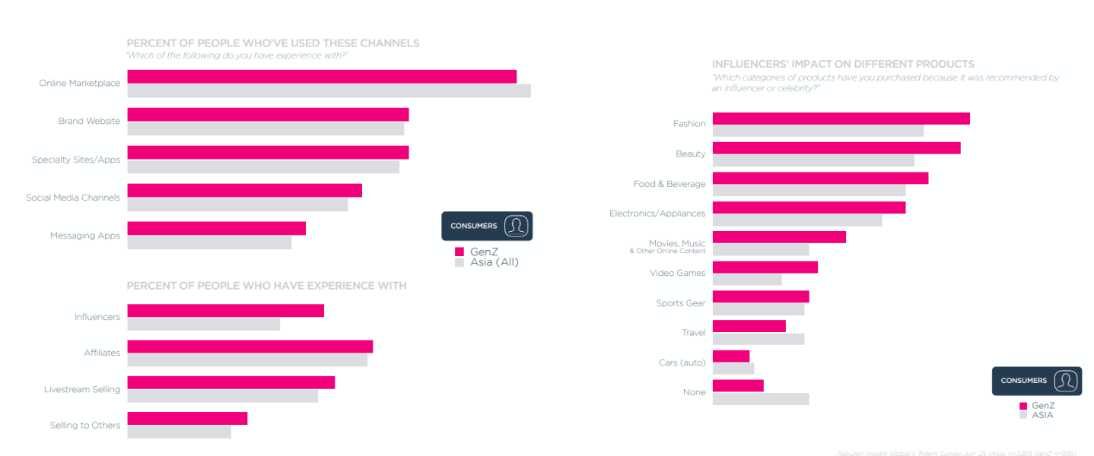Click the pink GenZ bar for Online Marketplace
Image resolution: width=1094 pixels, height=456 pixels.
[322, 77]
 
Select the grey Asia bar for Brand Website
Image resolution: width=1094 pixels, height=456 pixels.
[266, 128]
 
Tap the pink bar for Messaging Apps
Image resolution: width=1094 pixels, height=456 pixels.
[216, 228]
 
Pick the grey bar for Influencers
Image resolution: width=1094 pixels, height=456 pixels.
[203, 325]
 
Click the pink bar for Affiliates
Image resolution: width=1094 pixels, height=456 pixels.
[250, 347]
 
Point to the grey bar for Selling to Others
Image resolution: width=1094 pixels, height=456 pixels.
[179, 432]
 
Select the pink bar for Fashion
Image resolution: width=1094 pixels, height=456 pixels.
[841, 119]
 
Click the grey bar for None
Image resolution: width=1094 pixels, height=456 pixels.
[761, 399]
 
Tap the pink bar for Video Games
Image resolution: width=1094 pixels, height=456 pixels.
[765, 268]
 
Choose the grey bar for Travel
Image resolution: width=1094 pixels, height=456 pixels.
[758, 339]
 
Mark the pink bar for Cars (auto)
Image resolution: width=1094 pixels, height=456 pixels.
[730, 356]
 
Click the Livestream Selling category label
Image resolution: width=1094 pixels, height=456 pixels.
[82, 389]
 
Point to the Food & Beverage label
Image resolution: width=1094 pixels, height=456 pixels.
[669, 184]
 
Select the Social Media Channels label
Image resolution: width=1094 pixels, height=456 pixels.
[73, 198]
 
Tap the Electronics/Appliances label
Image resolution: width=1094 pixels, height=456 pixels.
[657, 214]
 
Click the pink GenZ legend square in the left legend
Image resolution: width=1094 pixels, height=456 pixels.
[460, 252]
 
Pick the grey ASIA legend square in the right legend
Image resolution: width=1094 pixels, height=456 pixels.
[1023, 415]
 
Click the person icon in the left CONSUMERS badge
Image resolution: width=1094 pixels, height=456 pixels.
[517, 226]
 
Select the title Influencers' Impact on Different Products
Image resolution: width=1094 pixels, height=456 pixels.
[843, 64]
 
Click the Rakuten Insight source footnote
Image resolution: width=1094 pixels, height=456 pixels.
[956, 453]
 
